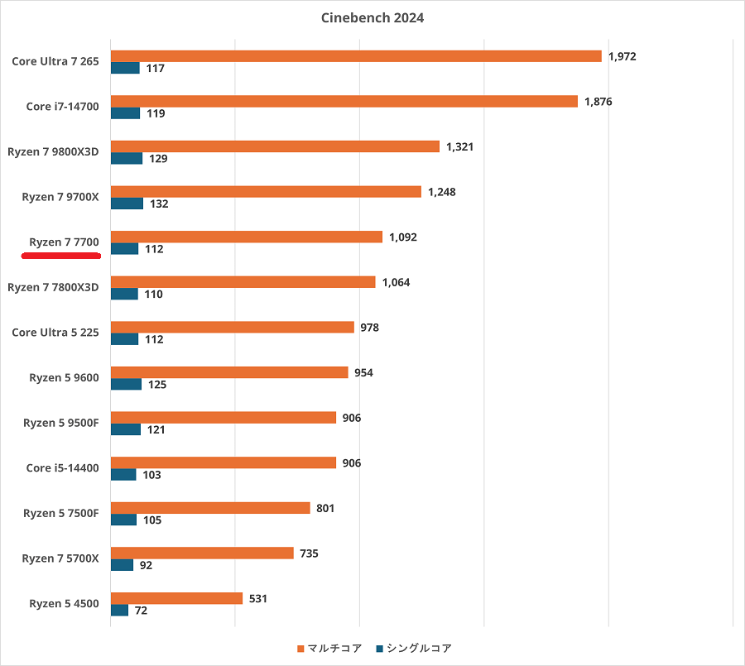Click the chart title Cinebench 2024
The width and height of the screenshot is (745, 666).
click(372, 18)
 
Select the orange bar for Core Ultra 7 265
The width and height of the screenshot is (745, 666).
click(356, 56)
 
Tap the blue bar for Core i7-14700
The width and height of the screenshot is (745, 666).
click(125, 113)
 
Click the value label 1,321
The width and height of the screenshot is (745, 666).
click(460, 146)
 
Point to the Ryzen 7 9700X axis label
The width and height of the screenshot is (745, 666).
click(60, 197)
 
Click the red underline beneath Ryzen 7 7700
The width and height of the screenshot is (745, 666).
click(61, 256)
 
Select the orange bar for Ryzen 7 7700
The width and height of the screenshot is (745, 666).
click(247, 237)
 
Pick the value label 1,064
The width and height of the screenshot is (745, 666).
click(396, 282)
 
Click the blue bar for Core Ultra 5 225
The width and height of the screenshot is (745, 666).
click(124, 339)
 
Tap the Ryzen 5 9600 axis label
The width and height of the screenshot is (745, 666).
click(64, 377)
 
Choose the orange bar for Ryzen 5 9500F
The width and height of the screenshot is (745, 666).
click(223, 418)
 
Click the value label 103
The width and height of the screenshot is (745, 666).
click(151, 475)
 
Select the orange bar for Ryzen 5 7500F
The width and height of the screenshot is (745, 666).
click(210, 508)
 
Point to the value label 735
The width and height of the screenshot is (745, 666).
click(310, 553)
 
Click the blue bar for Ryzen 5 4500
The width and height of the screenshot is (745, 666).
click(119, 611)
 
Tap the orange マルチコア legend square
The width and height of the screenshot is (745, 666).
click(300, 649)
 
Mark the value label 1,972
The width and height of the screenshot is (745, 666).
click(622, 56)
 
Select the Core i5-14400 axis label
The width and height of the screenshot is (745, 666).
click(62, 468)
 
